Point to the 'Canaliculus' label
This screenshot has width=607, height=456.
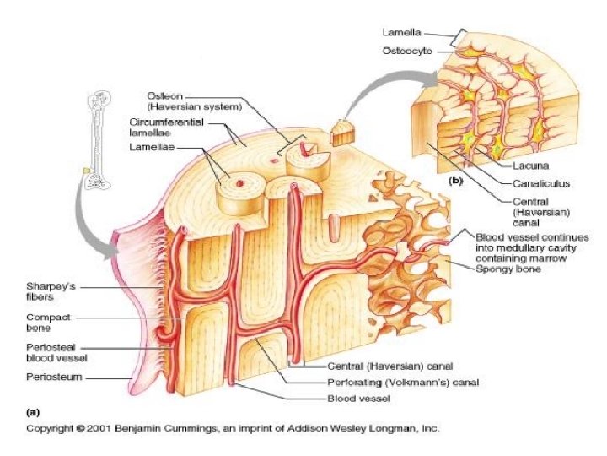click(540, 182)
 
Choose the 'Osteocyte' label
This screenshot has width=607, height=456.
click(407, 51)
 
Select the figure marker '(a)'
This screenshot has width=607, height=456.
click(35, 412)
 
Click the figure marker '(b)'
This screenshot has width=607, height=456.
click(454, 181)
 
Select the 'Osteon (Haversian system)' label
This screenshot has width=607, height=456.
click(195, 100)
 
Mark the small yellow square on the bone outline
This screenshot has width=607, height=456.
click(87, 171)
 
